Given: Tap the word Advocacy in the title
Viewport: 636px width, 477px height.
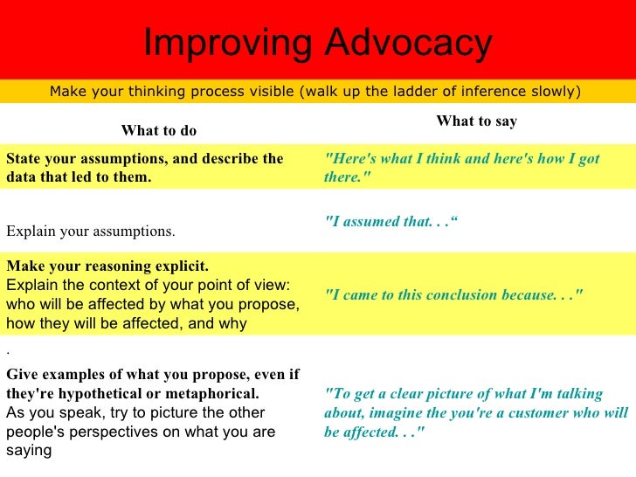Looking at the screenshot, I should tap(408, 42).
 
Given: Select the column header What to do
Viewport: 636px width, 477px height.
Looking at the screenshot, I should tap(159, 131).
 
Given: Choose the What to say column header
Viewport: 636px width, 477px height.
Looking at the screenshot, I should tap(476, 121).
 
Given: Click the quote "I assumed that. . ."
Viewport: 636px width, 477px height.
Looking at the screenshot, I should tap(391, 221).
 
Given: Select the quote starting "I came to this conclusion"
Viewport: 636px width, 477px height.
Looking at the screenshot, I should tap(453, 294).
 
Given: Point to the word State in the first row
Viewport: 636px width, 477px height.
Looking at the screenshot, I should tap(23, 158).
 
